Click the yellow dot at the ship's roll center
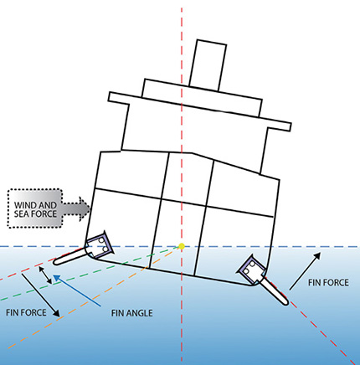tap(182, 246)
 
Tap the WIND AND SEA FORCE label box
tap(35, 208)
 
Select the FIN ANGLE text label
tap(132, 313)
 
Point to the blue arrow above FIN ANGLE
tap(77, 291)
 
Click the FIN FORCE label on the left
tap(26, 312)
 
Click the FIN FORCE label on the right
tap(328, 283)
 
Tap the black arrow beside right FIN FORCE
tap(305, 271)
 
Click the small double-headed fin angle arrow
tap(45, 275)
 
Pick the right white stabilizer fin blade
tap(275, 290)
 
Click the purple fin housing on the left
tap(100, 244)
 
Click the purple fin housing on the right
tap(252, 269)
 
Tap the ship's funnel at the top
tap(208, 65)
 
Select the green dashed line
tap(90, 273)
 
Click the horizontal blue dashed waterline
tap(180, 247)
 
